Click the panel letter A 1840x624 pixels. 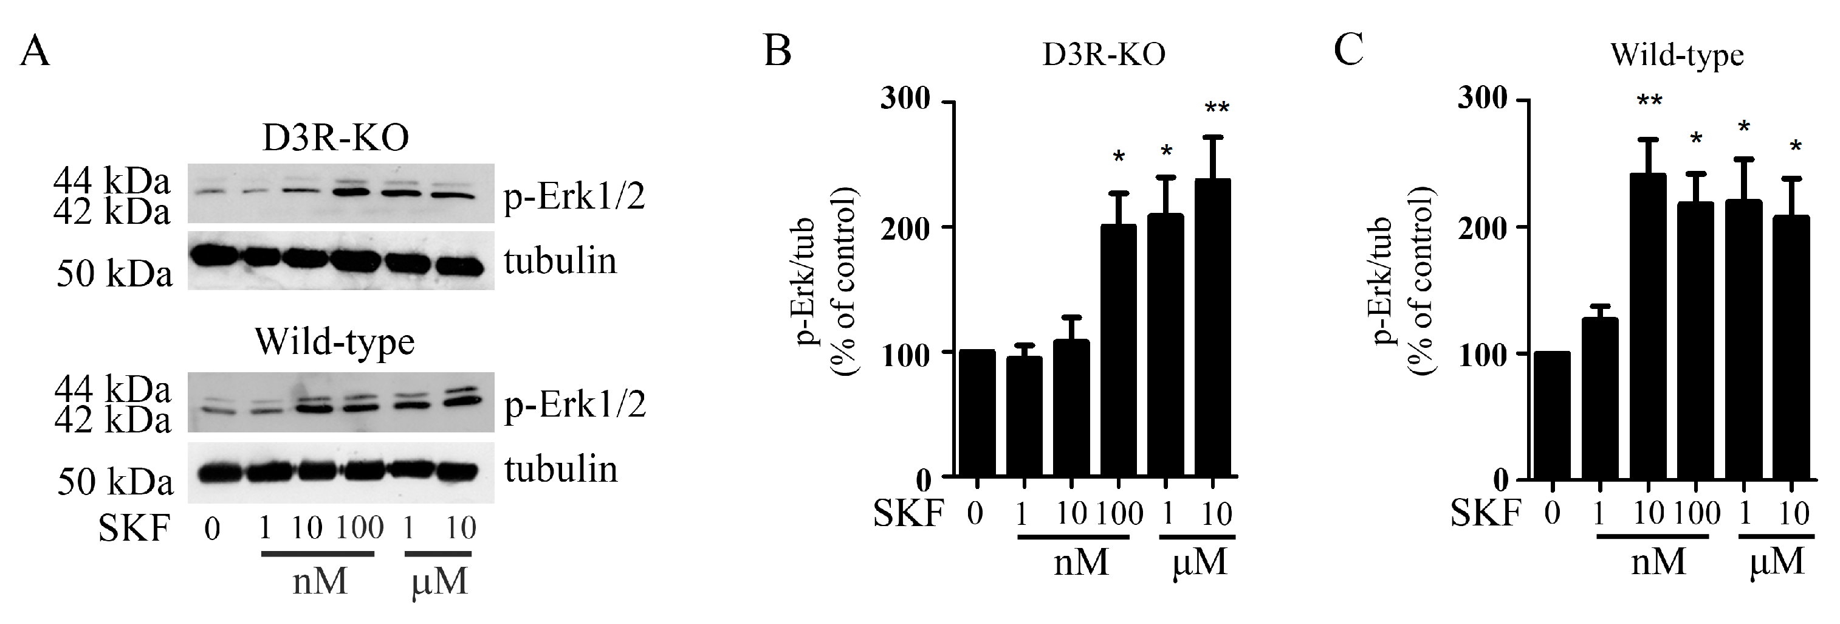tap(34, 52)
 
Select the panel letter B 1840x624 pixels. tap(778, 52)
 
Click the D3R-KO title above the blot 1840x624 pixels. tap(335, 137)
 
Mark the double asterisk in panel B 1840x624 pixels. tap(1217, 109)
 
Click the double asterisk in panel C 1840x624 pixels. tap(1649, 102)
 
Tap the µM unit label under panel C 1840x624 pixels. tap(1776, 563)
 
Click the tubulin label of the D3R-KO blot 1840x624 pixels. tap(560, 261)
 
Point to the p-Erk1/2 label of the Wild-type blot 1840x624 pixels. tap(574, 405)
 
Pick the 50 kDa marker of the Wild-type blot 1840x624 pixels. tap(115, 482)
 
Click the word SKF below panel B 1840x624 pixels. tap(908, 513)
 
